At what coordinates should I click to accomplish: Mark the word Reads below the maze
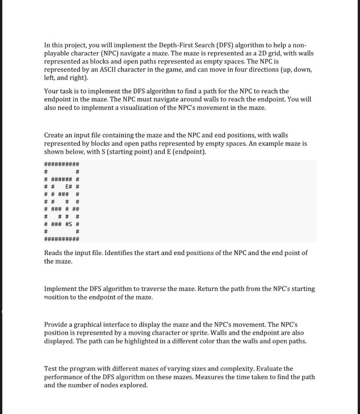coord(53,253)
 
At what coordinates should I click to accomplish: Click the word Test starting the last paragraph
coord(51,369)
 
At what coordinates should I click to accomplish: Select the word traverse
coord(152,289)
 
